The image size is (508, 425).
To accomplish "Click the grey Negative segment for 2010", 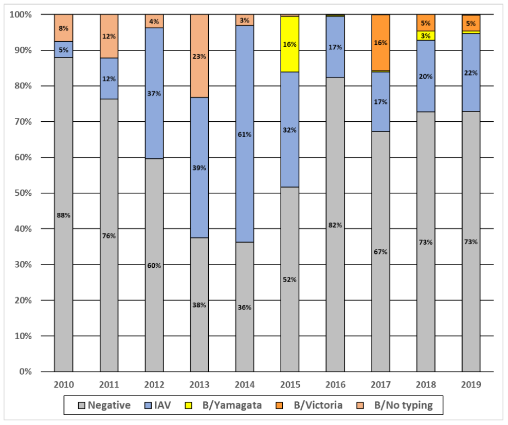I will (x=63, y=257).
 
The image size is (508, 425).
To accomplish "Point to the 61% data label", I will (x=245, y=135).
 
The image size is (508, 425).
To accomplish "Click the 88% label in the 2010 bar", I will (x=63, y=215).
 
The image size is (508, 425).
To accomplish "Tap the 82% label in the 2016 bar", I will (x=335, y=226).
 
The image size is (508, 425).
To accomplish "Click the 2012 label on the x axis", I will (x=154, y=384).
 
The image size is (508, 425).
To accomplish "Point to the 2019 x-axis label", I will (x=471, y=384).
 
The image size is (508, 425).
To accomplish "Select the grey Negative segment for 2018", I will (x=426, y=283).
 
